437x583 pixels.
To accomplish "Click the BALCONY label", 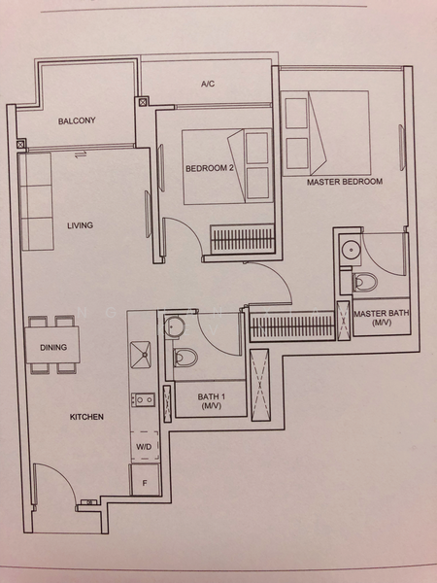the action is point(77,120).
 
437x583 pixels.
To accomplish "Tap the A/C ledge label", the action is point(208,84).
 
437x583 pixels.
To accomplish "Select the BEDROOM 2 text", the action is point(210,168).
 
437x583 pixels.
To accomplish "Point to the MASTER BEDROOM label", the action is point(345,182).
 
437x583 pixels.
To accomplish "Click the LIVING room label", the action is point(80,225).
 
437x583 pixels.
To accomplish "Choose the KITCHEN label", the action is point(86,417).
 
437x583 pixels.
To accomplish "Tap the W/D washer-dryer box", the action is point(145,446).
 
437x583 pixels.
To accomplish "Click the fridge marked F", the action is point(145,480).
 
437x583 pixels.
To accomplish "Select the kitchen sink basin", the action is point(141,355).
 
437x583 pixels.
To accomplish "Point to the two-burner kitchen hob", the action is point(143,399).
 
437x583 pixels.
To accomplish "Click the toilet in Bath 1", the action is point(185,358).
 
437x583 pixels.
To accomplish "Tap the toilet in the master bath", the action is point(365,282).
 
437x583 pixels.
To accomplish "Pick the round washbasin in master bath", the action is point(350,250).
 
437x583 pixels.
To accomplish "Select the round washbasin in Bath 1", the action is point(172,326).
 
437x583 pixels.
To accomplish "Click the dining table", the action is point(52,345).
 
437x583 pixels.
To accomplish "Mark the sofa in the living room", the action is point(37,201).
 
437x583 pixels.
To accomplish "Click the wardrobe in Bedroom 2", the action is point(242,239).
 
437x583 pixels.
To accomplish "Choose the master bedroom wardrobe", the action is point(292,326).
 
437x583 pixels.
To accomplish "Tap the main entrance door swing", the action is point(55,483).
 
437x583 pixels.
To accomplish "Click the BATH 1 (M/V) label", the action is point(212,401).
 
